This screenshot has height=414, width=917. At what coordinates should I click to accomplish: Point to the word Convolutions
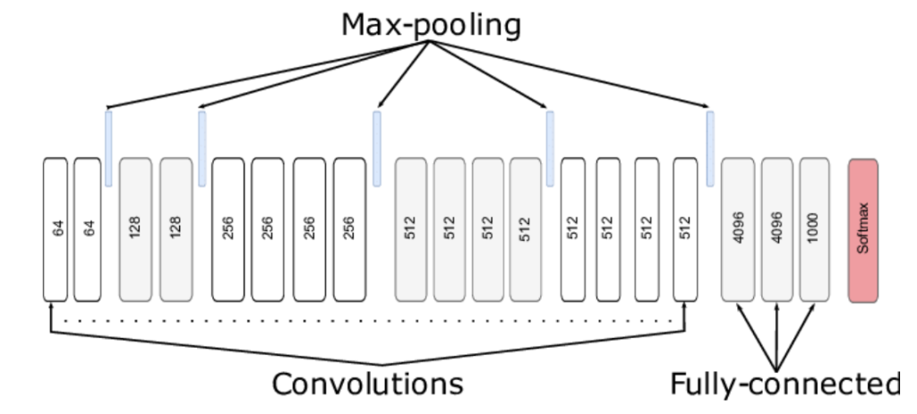pyautogui.click(x=368, y=383)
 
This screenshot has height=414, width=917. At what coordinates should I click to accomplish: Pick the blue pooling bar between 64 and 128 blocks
pyautogui.click(x=108, y=147)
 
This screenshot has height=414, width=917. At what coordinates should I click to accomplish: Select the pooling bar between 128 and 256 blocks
pyautogui.click(x=202, y=147)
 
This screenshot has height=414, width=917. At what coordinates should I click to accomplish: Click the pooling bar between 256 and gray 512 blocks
pyautogui.click(x=377, y=147)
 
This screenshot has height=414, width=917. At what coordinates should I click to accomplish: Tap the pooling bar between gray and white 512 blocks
pyautogui.click(x=550, y=147)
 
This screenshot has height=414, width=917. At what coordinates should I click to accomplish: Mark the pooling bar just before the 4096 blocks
pyautogui.click(x=710, y=147)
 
